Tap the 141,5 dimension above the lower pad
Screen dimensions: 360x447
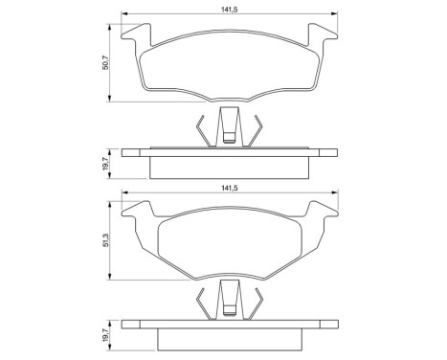pos(227,191)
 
